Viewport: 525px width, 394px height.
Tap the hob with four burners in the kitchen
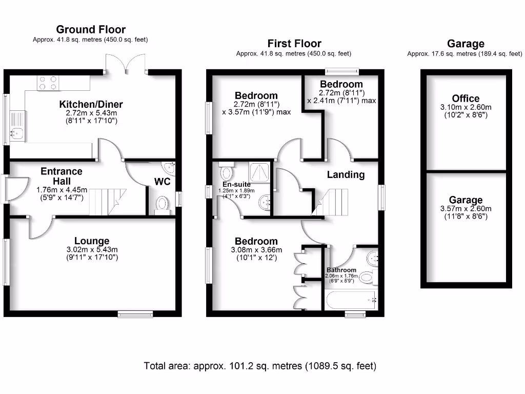47,83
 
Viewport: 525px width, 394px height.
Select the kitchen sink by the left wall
17,133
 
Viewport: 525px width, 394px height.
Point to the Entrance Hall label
62,176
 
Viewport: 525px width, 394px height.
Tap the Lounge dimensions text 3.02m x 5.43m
92,250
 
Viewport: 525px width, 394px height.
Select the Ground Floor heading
91,30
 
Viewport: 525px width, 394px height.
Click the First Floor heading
294,44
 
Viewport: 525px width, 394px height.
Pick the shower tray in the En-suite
261,172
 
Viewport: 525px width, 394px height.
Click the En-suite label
236,184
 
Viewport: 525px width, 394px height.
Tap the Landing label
346,174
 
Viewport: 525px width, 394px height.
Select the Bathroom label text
341,270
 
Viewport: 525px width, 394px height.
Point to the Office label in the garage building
466,98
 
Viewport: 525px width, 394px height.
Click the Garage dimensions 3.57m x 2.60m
466,209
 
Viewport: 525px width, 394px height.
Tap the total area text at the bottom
260,366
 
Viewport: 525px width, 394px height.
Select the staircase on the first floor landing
331,202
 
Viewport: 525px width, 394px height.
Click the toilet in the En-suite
226,170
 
